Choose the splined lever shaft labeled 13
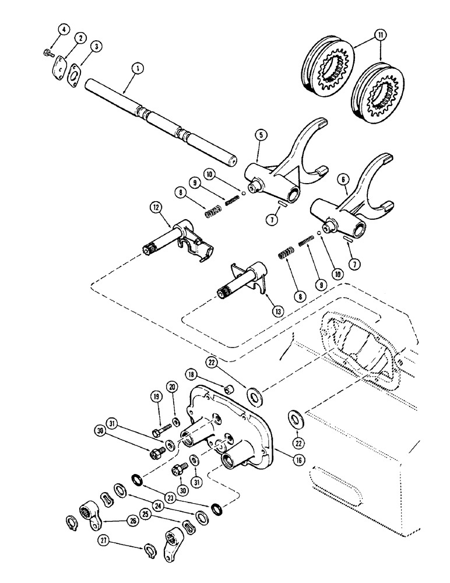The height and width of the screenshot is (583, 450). [x=239, y=283]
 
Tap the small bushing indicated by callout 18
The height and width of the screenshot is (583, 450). [x=229, y=388]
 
